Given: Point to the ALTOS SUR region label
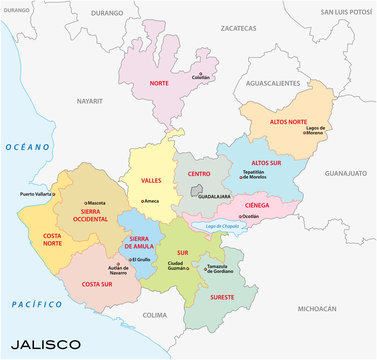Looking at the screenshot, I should point(265,162).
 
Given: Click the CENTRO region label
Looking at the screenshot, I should point(199,174).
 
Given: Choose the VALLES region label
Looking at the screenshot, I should point(151,181).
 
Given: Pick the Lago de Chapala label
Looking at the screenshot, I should point(224,226).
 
